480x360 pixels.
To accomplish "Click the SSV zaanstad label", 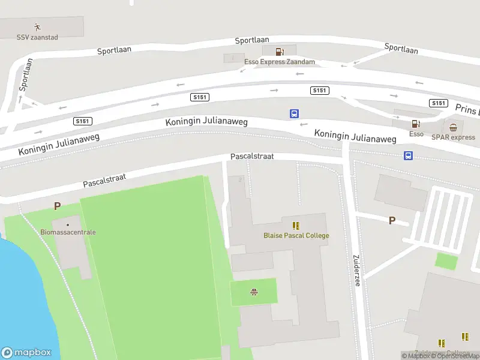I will pos(37,37).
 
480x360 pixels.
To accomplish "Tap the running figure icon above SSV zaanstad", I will pos(37,26).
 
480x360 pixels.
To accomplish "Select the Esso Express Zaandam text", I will pos(280,62).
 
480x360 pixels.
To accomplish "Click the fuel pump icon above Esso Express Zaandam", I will pos(279,52).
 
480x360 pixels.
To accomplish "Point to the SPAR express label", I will pos(453,137).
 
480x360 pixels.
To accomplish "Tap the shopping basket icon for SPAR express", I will pos(453,127).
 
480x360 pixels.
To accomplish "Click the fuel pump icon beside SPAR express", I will pos(415,124).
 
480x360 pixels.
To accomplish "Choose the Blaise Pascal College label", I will pos(296,235).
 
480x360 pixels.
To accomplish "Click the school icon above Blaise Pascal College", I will pos(296,225).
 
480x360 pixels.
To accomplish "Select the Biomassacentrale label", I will pos(68,232).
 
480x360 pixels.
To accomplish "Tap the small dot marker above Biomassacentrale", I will pos(68,224).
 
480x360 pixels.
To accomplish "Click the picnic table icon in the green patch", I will pos(254,292).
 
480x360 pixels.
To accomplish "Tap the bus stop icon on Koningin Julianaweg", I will pos(295,113).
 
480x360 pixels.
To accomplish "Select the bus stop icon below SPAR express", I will pos(408,156).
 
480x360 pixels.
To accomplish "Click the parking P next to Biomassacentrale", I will pos(57,206).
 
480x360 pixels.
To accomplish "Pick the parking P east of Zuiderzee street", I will pos(392,220).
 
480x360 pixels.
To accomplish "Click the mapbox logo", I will pos(26,352).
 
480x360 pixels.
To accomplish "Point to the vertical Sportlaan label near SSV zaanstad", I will pos(25,74).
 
